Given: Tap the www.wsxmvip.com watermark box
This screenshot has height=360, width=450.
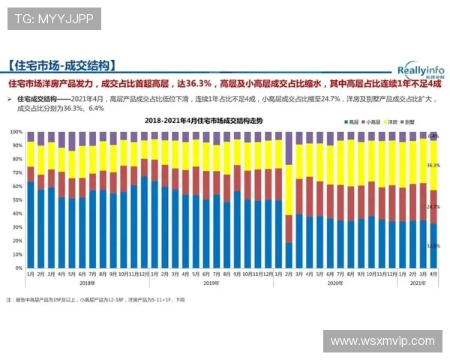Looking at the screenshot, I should pyautogui.click(x=382, y=341).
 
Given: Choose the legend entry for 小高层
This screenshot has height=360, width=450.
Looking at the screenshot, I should pyautogui.click(x=372, y=121).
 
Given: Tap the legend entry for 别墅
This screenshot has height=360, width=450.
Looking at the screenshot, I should pyautogui.click(x=413, y=121).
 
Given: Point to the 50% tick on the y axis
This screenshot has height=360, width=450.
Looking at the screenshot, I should pyautogui.click(x=16, y=200).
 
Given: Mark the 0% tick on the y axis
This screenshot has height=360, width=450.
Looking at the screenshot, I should pyautogui.click(x=17, y=268).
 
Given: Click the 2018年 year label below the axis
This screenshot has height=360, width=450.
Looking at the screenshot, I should pyautogui.click(x=88, y=283).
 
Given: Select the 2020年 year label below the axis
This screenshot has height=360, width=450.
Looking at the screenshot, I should pyautogui.click(x=335, y=283).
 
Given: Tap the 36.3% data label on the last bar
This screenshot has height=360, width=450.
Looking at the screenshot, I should pyautogui.click(x=433, y=165).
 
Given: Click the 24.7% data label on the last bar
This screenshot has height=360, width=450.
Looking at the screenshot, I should pyautogui.click(x=433, y=206).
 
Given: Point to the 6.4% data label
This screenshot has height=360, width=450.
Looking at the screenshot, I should pyautogui.click(x=433, y=136).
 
